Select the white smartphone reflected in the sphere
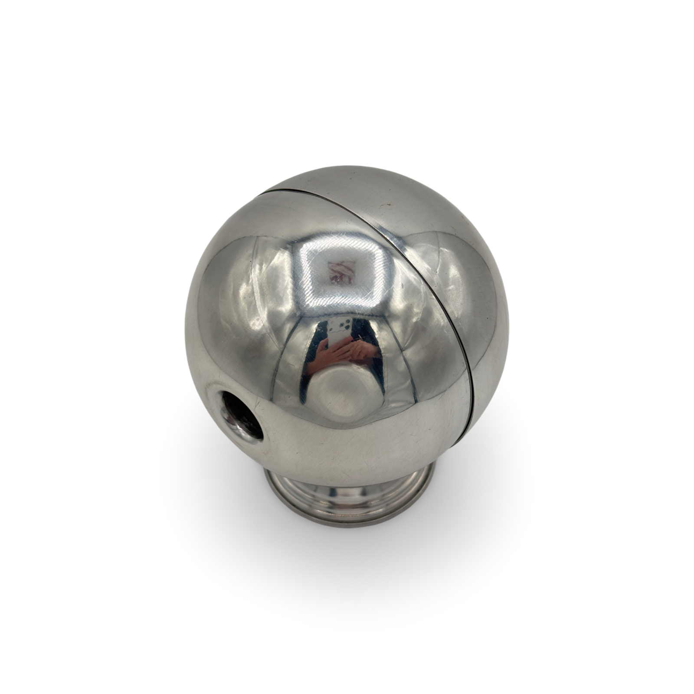pos(340,331)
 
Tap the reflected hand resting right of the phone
pos(363,350)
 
